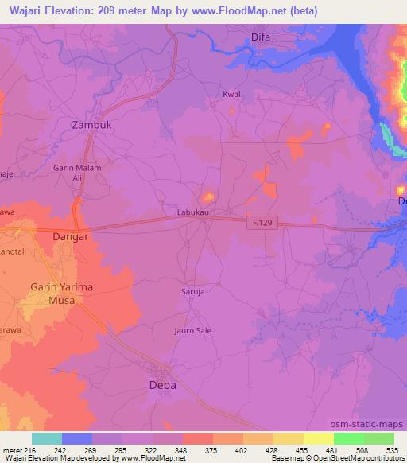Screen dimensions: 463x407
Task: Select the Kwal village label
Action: point(231,95)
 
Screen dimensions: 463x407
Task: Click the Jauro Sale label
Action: point(192,329)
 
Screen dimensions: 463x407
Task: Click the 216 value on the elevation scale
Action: point(28,450)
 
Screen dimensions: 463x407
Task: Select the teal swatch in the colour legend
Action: point(46,438)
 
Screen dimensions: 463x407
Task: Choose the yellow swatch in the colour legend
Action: point(318,438)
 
